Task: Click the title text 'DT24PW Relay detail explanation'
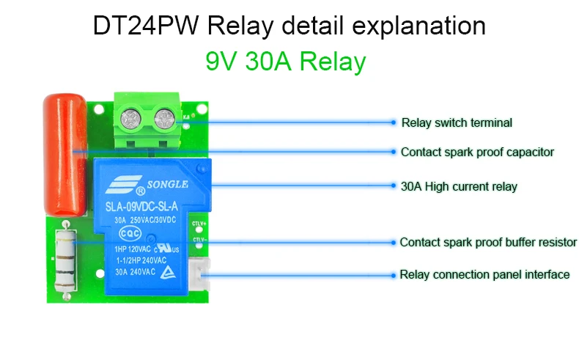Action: [x=289, y=26]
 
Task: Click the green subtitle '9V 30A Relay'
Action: [x=285, y=62]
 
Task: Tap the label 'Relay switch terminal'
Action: [x=457, y=122]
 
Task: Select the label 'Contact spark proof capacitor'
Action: [x=477, y=153]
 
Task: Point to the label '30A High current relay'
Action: [x=459, y=186]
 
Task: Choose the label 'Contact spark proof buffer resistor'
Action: [x=488, y=242]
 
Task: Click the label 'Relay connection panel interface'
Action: [x=484, y=275]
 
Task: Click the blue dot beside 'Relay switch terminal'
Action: [x=394, y=122]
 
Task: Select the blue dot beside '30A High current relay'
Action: [x=394, y=186]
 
